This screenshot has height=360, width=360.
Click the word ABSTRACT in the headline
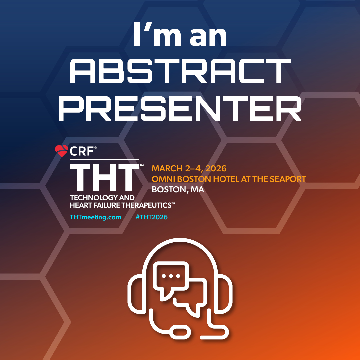point(180,71)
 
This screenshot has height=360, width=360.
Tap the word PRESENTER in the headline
point(180,109)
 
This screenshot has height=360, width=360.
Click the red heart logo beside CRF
point(62,151)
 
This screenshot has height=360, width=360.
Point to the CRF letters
point(82,151)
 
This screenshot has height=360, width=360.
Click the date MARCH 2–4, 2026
point(189,169)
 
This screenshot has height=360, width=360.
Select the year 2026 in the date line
point(216,169)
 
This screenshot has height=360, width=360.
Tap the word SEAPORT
point(288,179)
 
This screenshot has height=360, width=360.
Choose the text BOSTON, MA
point(178,189)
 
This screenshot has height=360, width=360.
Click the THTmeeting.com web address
point(96,217)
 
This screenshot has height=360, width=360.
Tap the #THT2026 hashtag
point(152,217)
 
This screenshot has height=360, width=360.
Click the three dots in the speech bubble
point(171,276)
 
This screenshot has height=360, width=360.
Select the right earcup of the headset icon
point(225,294)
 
